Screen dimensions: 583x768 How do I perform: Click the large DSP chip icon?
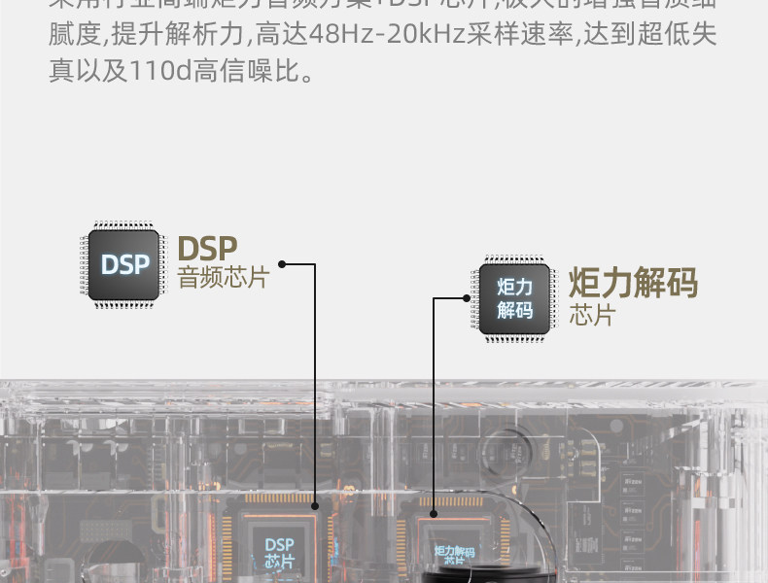(x=123, y=264)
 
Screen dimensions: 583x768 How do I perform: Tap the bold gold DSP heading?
(x=207, y=248)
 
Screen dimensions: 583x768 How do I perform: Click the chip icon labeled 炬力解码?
(x=514, y=298)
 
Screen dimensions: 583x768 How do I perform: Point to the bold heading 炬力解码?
(x=633, y=284)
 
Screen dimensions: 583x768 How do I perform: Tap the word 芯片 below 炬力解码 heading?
(x=591, y=316)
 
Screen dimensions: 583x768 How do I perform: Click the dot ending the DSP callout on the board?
(x=314, y=506)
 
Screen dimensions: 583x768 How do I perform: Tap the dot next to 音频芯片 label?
(x=282, y=263)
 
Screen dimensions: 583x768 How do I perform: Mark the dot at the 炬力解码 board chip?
(x=434, y=514)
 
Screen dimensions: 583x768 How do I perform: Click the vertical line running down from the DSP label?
(x=315, y=389)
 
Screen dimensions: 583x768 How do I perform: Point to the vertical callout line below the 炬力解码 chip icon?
(x=434, y=408)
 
